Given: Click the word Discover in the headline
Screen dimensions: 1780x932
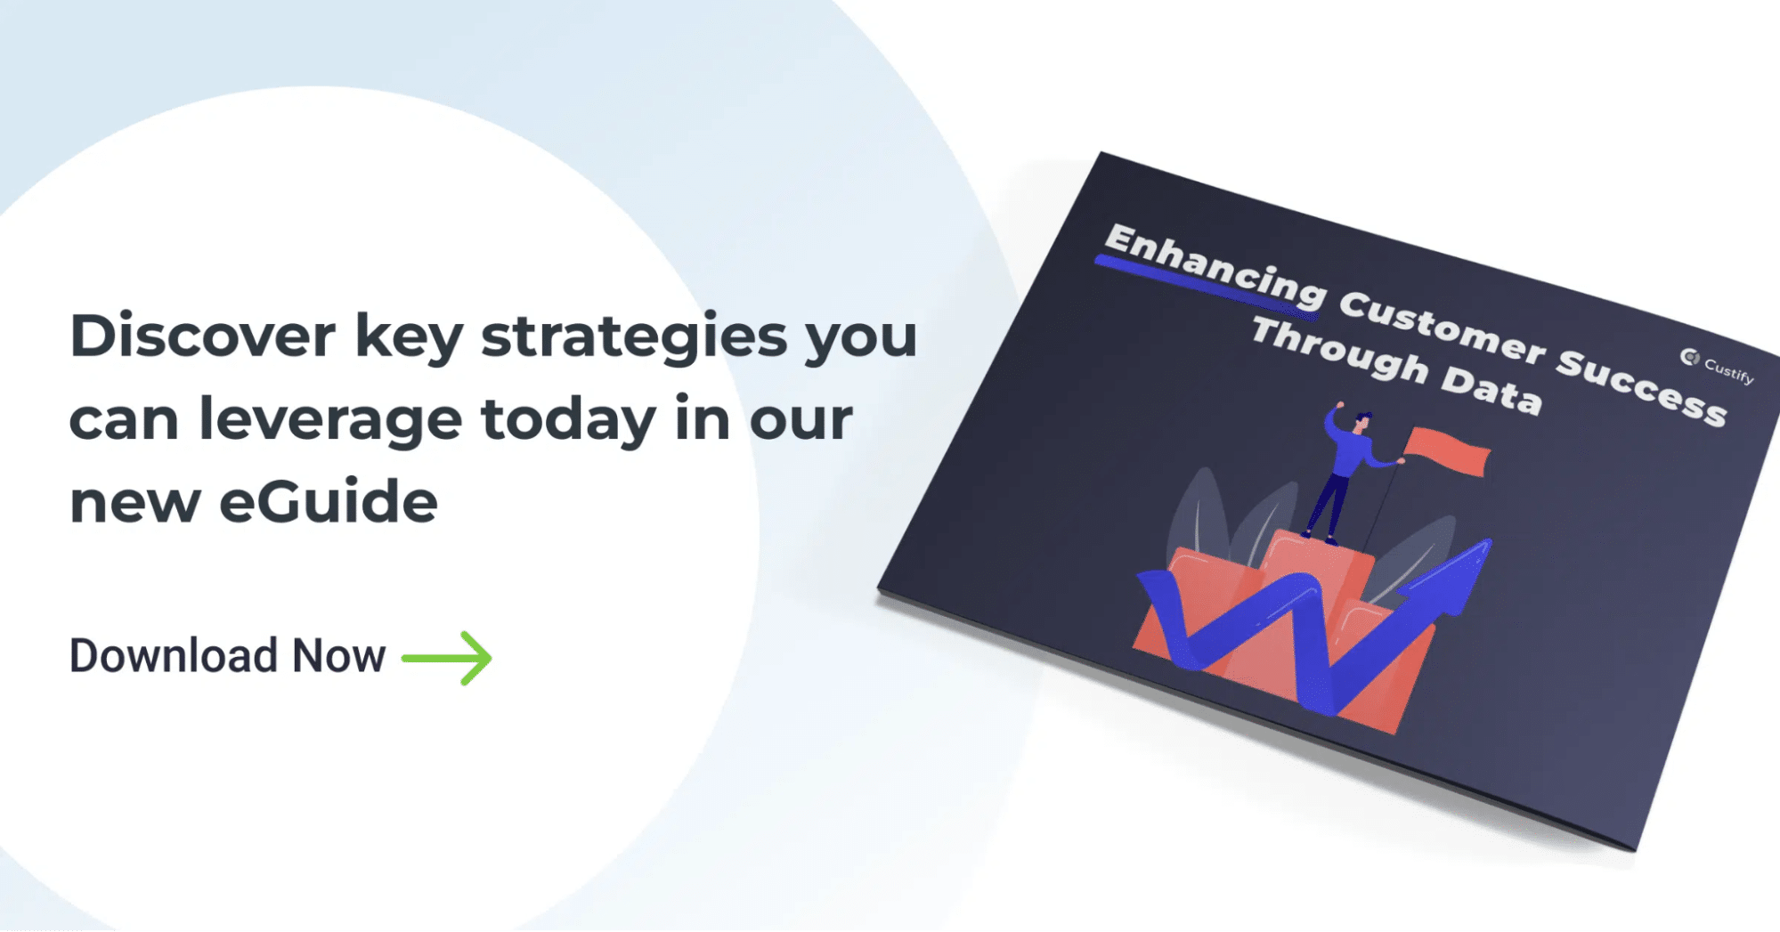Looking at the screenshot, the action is coord(203,336).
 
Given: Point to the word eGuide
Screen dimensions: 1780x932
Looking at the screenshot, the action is coord(329,500).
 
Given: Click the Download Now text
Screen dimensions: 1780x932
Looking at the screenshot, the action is coord(228,656).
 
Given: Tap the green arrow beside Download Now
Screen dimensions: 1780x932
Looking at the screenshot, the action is coord(447,659).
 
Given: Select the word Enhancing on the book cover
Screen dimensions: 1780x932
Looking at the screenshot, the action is coord(1215,265).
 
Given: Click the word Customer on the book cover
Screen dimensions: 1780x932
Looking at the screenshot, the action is coord(1442,328).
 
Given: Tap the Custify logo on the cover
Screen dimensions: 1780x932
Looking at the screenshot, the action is coord(1717,365).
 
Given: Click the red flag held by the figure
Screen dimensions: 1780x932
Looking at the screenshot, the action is coord(1447,450).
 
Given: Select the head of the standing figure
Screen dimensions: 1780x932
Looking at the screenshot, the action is coord(1362,421).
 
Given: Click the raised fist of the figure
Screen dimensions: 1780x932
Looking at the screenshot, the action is coord(1337,406).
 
